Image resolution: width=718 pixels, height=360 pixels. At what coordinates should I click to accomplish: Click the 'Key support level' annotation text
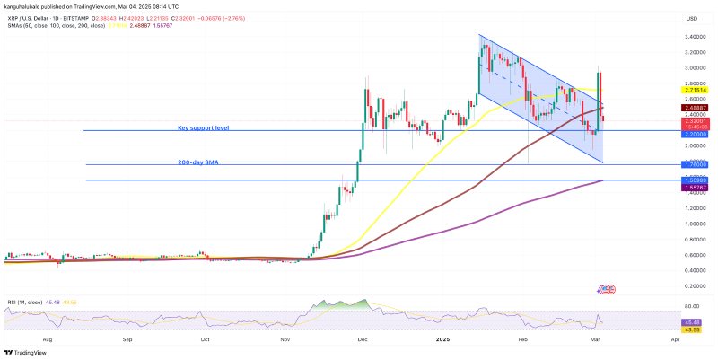pyautogui.click(x=203, y=128)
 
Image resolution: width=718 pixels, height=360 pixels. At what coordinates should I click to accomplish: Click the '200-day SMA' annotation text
pyautogui.click(x=197, y=162)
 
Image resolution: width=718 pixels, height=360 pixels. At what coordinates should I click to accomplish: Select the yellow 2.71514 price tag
pyautogui.click(x=697, y=91)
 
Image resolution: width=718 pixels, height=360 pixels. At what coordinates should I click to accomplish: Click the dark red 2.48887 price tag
pyautogui.click(x=697, y=107)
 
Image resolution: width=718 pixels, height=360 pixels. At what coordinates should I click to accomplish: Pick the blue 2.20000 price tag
pyautogui.click(x=697, y=133)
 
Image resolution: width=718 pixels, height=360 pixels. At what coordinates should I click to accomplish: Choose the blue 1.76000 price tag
pyautogui.click(x=697, y=165)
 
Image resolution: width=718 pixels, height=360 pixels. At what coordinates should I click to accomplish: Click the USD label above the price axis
pyautogui.click(x=692, y=18)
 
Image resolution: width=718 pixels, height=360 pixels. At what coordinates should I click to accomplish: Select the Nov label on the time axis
pyautogui.click(x=285, y=340)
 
